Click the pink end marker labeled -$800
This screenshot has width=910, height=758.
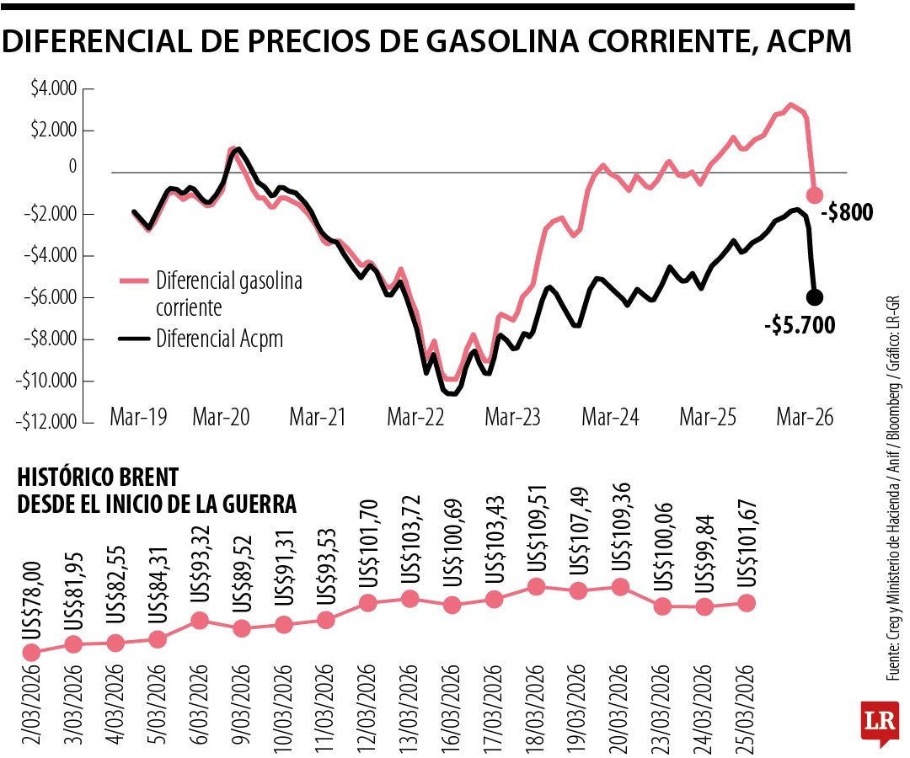[815, 195]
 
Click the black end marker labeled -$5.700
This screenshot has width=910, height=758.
[815, 296]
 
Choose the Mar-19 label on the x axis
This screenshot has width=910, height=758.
[137, 416]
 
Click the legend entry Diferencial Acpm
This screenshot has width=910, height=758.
[219, 339]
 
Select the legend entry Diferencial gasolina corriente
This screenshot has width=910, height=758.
[227, 293]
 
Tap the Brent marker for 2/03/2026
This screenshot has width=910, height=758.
[31, 652]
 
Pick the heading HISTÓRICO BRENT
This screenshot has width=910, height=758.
[98, 477]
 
